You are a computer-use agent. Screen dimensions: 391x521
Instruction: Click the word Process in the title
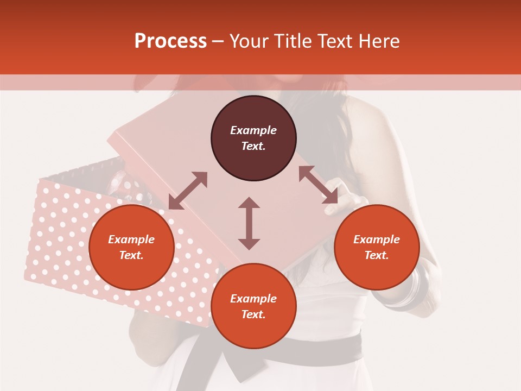point(170,41)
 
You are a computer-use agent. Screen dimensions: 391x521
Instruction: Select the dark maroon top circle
point(253,138)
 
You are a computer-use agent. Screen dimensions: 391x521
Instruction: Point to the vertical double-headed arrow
point(249,223)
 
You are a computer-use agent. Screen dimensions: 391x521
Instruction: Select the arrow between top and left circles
point(188,191)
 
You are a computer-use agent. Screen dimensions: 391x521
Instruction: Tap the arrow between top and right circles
point(318,185)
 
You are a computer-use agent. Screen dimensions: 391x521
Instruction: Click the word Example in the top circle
point(253,130)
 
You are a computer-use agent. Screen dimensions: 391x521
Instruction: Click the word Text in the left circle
point(131,255)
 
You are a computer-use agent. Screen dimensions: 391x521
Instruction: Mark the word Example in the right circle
point(377,239)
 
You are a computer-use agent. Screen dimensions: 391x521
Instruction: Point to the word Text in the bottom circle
point(253,314)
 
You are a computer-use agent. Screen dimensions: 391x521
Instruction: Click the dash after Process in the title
point(218,42)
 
